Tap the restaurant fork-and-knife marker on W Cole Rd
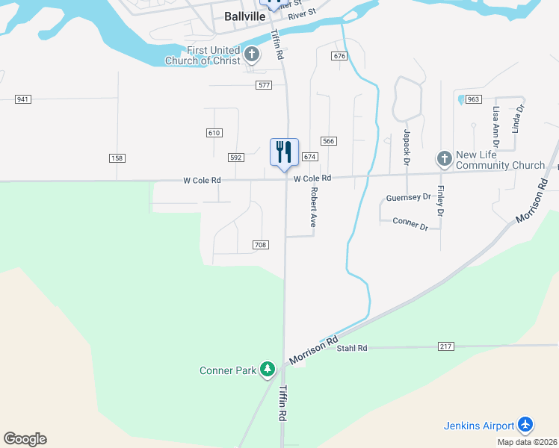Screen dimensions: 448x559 point(284,152)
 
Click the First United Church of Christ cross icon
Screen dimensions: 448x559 point(253,55)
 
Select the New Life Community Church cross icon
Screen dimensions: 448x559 point(444,159)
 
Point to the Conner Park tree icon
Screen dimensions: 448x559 point(268,370)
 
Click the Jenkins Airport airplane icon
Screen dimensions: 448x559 point(525,425)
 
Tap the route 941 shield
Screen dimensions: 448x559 point(22,99)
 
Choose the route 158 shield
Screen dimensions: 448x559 point(117,158)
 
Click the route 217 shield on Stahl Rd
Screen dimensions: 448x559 point(446,346)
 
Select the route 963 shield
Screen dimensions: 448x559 point(473,99)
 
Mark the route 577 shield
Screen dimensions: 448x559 point(263,85)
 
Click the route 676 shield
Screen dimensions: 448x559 point(340,56)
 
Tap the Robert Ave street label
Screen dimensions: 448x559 point(315,208)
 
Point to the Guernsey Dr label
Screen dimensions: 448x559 point(409,198)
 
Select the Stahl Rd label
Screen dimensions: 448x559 point(352,348)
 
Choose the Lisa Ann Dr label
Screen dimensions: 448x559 point(495,125)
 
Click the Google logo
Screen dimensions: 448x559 point(25,439)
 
